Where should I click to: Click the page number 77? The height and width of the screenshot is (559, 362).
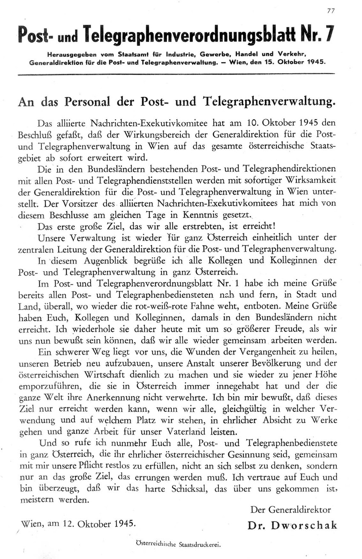pos(330,11)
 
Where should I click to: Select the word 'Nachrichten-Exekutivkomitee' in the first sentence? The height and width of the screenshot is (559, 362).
pos(153,123)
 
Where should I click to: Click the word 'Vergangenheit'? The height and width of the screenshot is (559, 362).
pos(264,352)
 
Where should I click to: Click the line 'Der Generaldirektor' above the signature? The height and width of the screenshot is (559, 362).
pos(290,509)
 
